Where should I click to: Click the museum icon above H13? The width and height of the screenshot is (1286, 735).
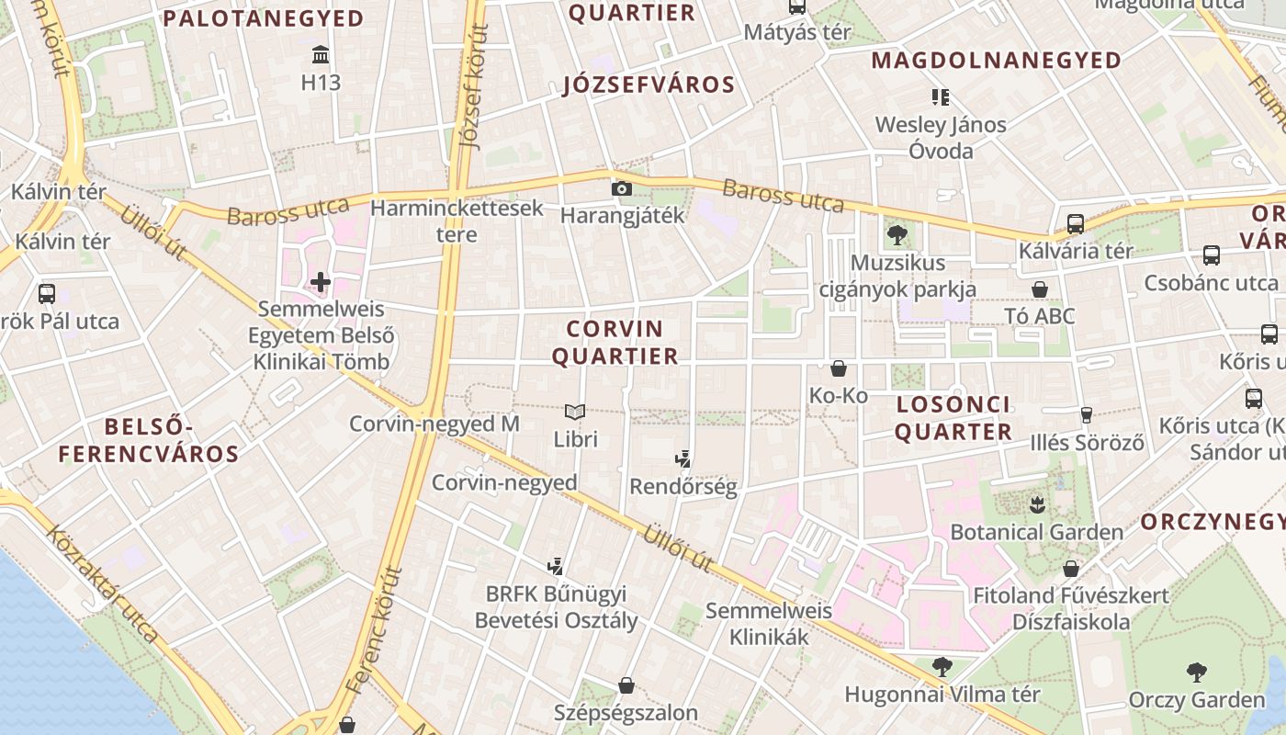pyautogui.click(x=321, y=54)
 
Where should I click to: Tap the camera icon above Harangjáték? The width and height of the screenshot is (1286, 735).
pyautogui.click(x=622, y=188)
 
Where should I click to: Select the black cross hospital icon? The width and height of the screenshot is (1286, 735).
pyautogui.click(x=320, y=281)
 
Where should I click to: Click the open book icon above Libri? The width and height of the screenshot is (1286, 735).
pyautogui.click(x=575, y=413)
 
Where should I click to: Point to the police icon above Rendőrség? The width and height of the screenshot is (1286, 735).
pyautogui.click(x=682, y=459)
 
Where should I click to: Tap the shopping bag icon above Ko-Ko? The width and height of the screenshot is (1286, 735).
pyautogui.click(x=838, y=368)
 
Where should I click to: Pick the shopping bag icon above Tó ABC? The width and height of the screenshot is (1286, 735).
pyautogui.click(x=1040, y=289)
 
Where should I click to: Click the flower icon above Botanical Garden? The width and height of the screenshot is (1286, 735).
pyautogui.click(x=1037, y=503)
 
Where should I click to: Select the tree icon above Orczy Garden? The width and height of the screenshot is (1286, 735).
pyautogui.click(x=1196, y=672)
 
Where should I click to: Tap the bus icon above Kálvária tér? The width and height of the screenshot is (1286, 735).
pyautogui.click(x=1075, y=223)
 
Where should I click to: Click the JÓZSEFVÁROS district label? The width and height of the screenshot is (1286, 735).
pyautogui.click(x=649, y=85)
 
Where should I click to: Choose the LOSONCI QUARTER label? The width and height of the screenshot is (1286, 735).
pyautogui.click(x=953, y=418)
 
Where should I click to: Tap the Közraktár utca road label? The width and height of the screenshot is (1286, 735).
pyautogui.click(x=102, y=582)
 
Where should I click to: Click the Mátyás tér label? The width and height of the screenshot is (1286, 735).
pyautogui.click(x=797, y=32)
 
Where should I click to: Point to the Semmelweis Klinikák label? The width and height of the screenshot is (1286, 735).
pyautogui.click(x=769, y=623)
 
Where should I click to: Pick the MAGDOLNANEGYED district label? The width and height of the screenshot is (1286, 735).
pyautogui.click(x=997, y=61)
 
